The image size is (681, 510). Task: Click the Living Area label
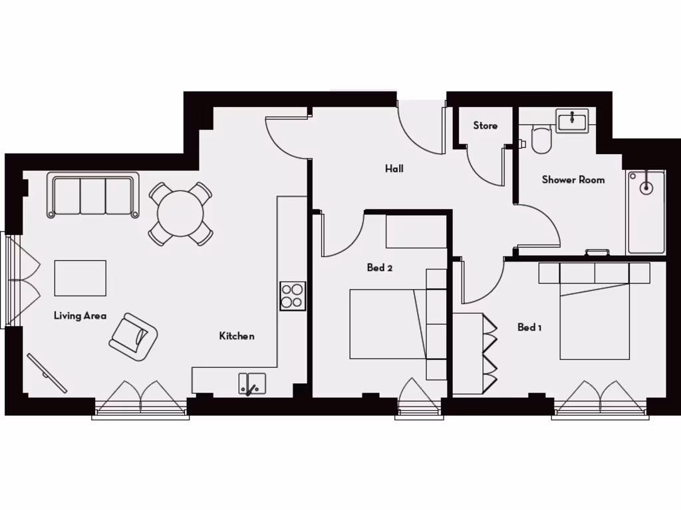pos(80,316)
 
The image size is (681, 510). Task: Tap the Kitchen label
pos(237,336)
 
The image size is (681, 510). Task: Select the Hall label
pos(394,169)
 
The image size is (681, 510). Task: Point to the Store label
pos(485,126)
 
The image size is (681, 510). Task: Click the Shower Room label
pos(573,179)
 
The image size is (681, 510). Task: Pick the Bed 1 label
pos(529,327)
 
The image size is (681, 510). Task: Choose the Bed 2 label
pos(380,268)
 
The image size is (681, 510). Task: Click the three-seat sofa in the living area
pos(93,195)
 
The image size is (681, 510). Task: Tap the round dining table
pos(180,214)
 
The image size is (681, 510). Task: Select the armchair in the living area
pos(133,337)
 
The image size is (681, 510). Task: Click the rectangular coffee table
pos(80,278)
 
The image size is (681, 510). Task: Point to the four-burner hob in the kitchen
pos(293,296)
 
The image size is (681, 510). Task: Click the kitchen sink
pos(252,384)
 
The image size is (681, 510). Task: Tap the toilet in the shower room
pos(541,139)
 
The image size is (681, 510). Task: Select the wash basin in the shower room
pos(573,122)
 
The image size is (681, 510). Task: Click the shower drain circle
pos(646,188)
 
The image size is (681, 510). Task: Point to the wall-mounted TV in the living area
pos(47,373)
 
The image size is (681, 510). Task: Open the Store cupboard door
pos(485,166)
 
